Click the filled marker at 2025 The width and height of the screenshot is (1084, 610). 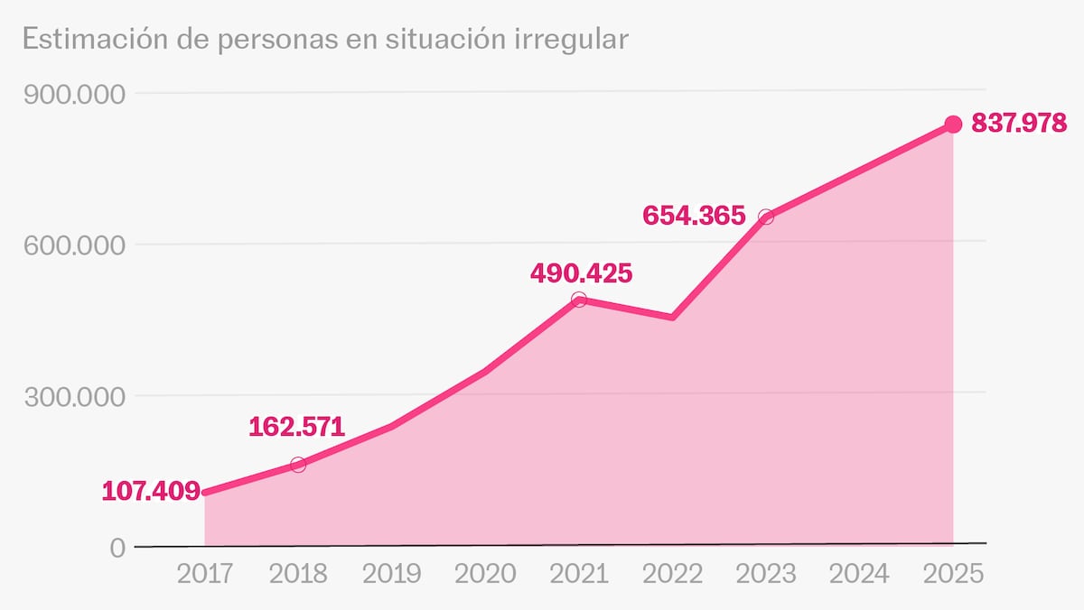click(953, 124)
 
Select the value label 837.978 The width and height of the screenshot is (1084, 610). click(1019, 124)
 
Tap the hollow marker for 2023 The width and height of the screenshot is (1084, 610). click(766, 217)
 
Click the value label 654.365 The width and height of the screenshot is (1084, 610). click(694, 216)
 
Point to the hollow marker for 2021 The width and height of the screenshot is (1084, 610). click(579, 300)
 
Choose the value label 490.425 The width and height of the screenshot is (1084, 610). click(581, 273)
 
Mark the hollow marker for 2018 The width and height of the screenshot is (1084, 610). click(298, 465)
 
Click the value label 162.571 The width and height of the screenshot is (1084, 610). click(297, 426)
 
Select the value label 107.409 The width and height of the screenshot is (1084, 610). click(151, 492)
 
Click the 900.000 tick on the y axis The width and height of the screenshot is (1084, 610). click(75, 94)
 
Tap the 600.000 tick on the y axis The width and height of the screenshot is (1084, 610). click(75, 245)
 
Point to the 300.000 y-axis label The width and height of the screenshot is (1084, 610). click(75, 396)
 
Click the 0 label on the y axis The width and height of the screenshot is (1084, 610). click(117, 548)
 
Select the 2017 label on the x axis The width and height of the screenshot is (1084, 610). click(205, 574)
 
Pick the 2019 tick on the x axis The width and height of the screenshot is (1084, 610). click(392, 574)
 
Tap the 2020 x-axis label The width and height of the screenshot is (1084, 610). click(486, 574)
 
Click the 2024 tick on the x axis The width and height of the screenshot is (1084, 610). click(859, 574)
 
